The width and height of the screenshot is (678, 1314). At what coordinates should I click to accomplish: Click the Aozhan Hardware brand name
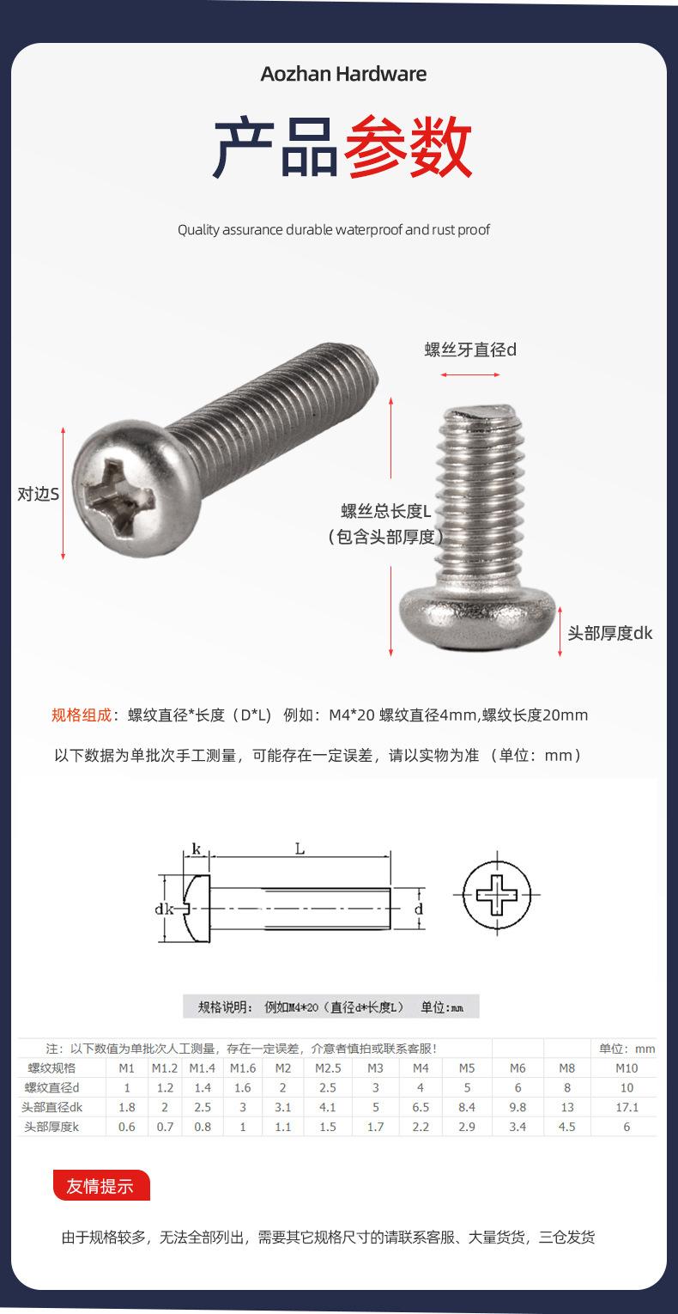[x=343, y=74]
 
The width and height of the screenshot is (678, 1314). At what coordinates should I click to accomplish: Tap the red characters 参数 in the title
[x=408, y=148]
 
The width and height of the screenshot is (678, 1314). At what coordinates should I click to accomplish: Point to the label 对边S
[x=39, y=495]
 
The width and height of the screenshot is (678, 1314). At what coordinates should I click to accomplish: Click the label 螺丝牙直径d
[x=470, y=350]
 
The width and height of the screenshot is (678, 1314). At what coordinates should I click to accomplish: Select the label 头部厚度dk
[x=609, y=633]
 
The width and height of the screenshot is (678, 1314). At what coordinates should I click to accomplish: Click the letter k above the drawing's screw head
[x=196, y=849]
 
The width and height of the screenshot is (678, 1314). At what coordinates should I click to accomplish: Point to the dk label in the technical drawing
[x=166, y=909]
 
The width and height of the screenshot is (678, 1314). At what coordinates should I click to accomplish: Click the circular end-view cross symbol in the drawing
[x=497, y=894]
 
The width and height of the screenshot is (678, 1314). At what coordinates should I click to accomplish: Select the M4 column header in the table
[x=421, y=1068]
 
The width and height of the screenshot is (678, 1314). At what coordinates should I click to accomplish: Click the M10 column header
[x=627, y=1068]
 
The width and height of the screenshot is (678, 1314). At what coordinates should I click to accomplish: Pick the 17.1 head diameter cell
[x=627, y=1108]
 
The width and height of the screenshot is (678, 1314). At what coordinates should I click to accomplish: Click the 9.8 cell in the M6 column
[x=518, y=1108]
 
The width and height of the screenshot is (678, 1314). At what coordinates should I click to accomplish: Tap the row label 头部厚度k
[x=51, y=1127]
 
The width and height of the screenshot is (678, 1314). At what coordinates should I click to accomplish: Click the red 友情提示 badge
[x=101, y=1186]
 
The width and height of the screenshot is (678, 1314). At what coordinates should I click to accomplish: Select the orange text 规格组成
[x=82, y=715]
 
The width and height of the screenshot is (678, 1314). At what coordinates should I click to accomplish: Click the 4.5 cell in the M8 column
[x=566, y=1127]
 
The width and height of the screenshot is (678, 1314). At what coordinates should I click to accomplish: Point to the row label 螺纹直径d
[x=51, y=1088]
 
